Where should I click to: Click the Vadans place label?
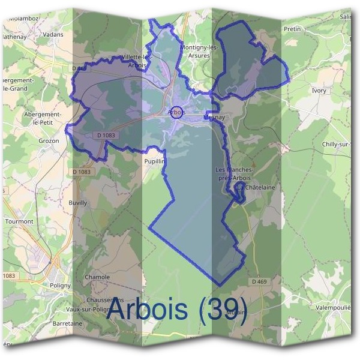tap(53, 35)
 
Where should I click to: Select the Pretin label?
tap(292, 28)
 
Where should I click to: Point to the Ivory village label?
tap(319, 91)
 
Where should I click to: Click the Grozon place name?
tap(49, 140)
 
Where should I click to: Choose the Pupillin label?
tap(154, 161)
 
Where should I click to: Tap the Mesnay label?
tap(214, 118)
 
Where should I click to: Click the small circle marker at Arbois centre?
tap(176, 112)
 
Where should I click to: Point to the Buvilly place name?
tap(78, 203)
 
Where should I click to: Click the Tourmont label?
tap(19, 221)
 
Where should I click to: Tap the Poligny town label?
tap(60, 285)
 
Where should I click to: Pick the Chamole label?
tap(97, 277)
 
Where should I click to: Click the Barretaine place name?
tap(67, 323)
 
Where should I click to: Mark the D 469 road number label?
tap(259, 281)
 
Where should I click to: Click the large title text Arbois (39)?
tap(176, 310)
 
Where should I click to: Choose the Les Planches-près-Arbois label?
tap(235, 174)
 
